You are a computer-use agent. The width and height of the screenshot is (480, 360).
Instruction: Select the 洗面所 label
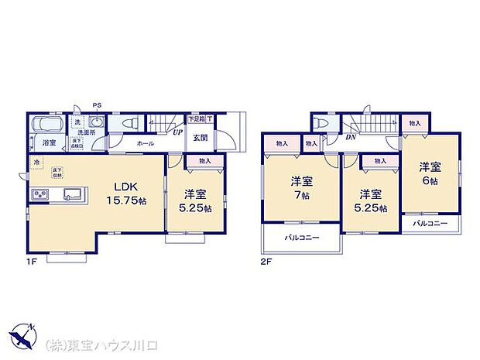pyautogui.click(x=86, y=132)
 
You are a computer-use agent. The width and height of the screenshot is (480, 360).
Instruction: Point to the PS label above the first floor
pyautogui.click(x=97, y=105)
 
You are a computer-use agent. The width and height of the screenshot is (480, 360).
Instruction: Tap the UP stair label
pyautogui.click(x=177, y=132)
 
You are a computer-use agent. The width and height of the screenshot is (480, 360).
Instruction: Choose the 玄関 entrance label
pyautogui.click(x=200, y=138)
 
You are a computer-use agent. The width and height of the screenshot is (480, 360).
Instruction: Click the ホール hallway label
pyautogui.click(x=145, y=143)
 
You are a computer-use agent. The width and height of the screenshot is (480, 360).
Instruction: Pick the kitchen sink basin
pyautogui.click(x=72, y=194)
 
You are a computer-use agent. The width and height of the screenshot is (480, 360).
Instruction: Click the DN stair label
pyautogui.click(x=350, y=138)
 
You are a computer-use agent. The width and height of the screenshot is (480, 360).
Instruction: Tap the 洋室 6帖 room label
pyautogui.click(x=430, y=172)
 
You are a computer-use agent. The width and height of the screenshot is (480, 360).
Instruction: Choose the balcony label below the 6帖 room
pyautogui.click(x=429, y=223)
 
